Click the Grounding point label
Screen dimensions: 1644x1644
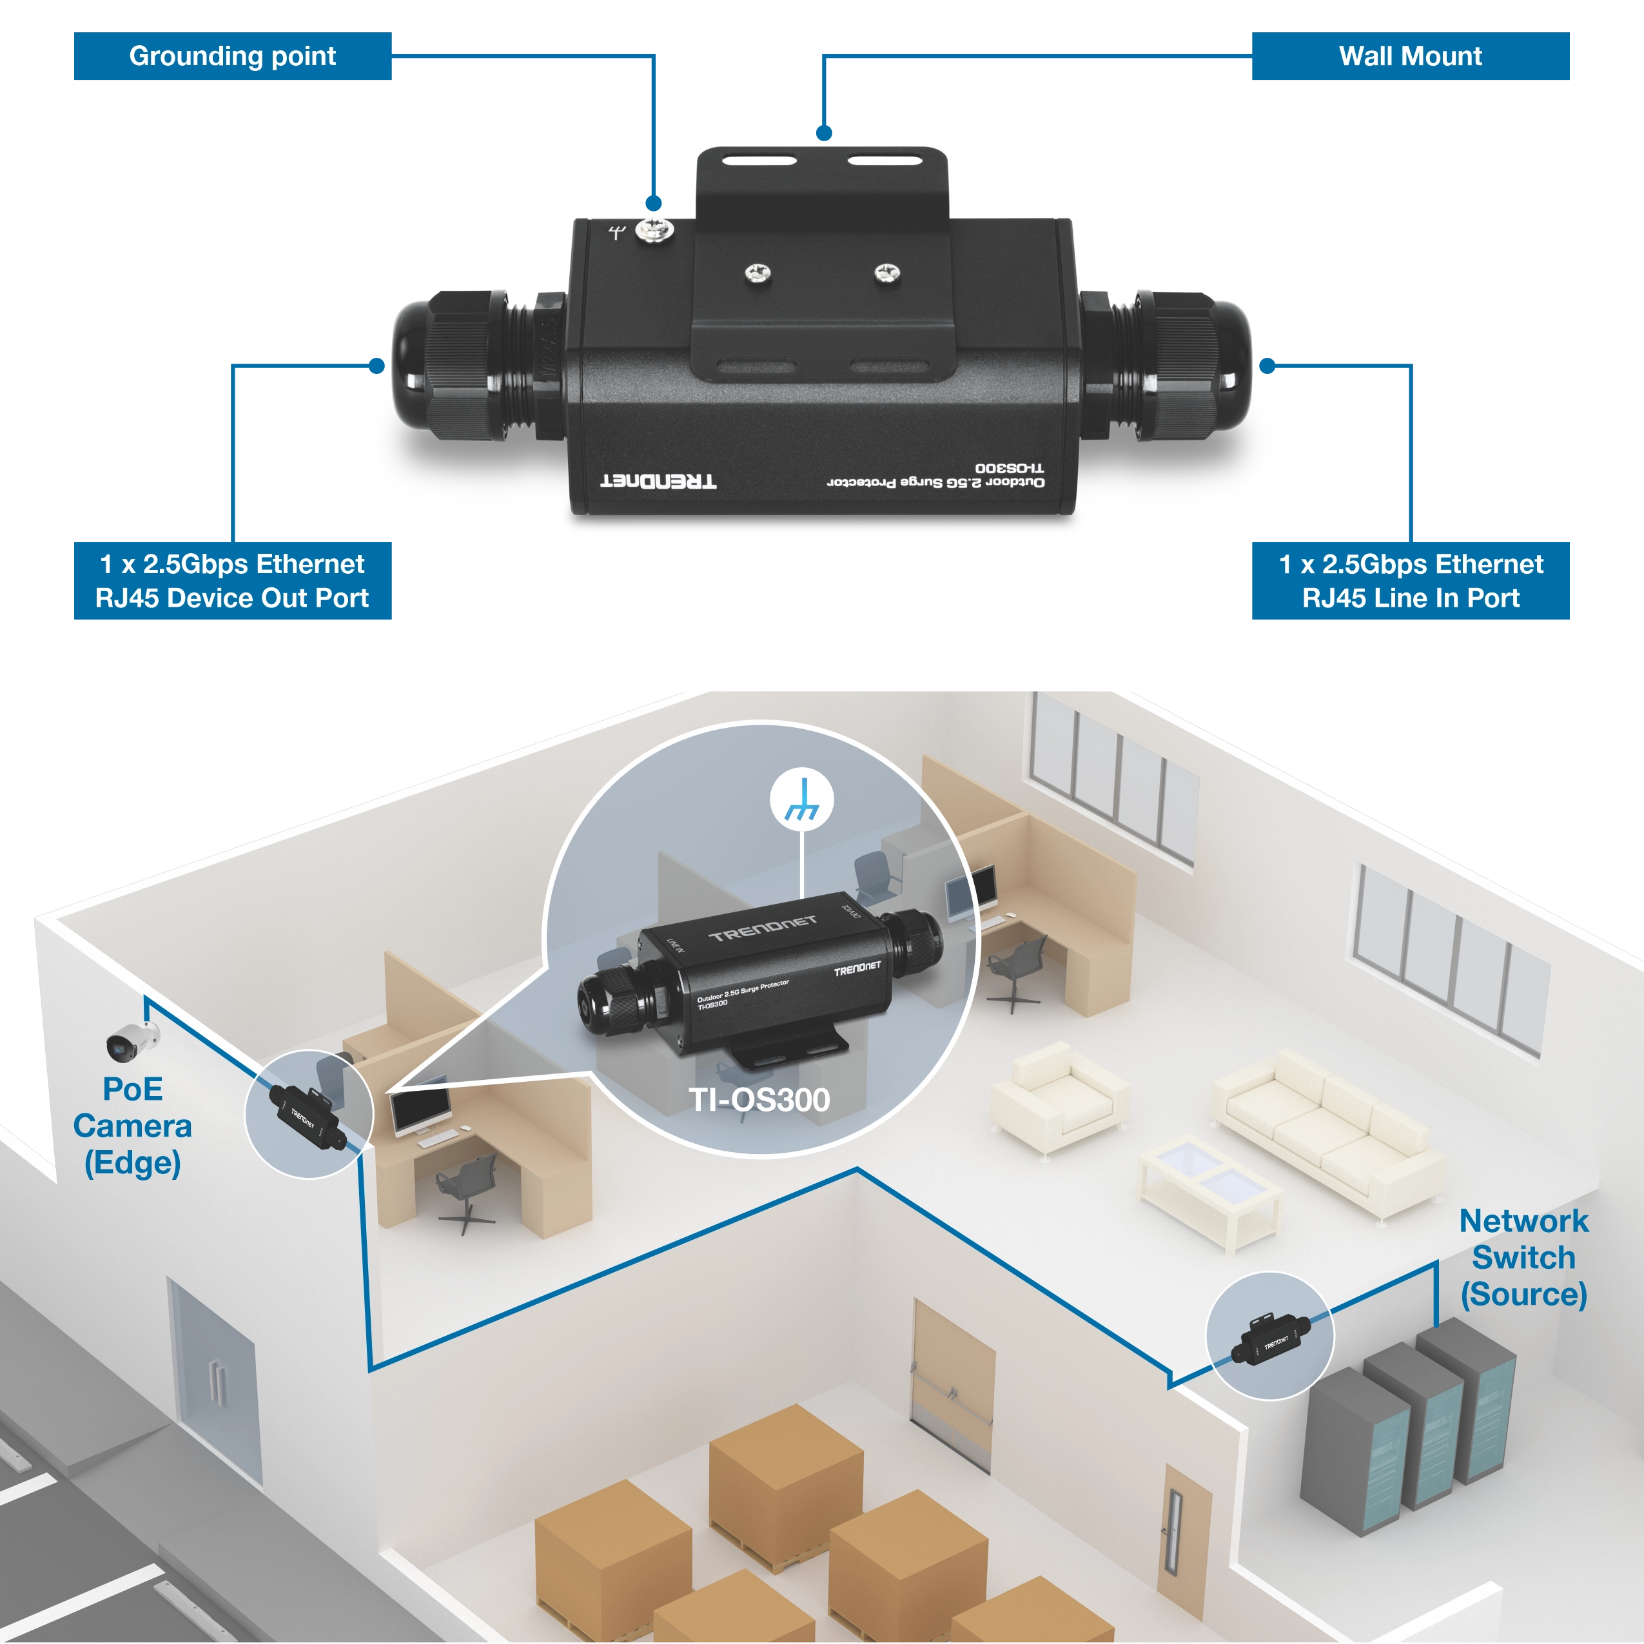coord(231,57)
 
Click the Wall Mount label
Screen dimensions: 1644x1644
coord(1409,57)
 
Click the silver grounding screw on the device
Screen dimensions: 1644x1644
coord(654,229)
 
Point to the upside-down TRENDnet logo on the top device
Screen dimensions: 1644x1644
coord(659,481)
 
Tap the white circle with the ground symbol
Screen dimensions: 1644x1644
coord(801,800)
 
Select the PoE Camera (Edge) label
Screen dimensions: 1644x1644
coord(132,1126)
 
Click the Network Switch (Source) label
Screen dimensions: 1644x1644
coord(1523,1258)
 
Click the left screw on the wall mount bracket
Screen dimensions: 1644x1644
coord(758,273)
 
